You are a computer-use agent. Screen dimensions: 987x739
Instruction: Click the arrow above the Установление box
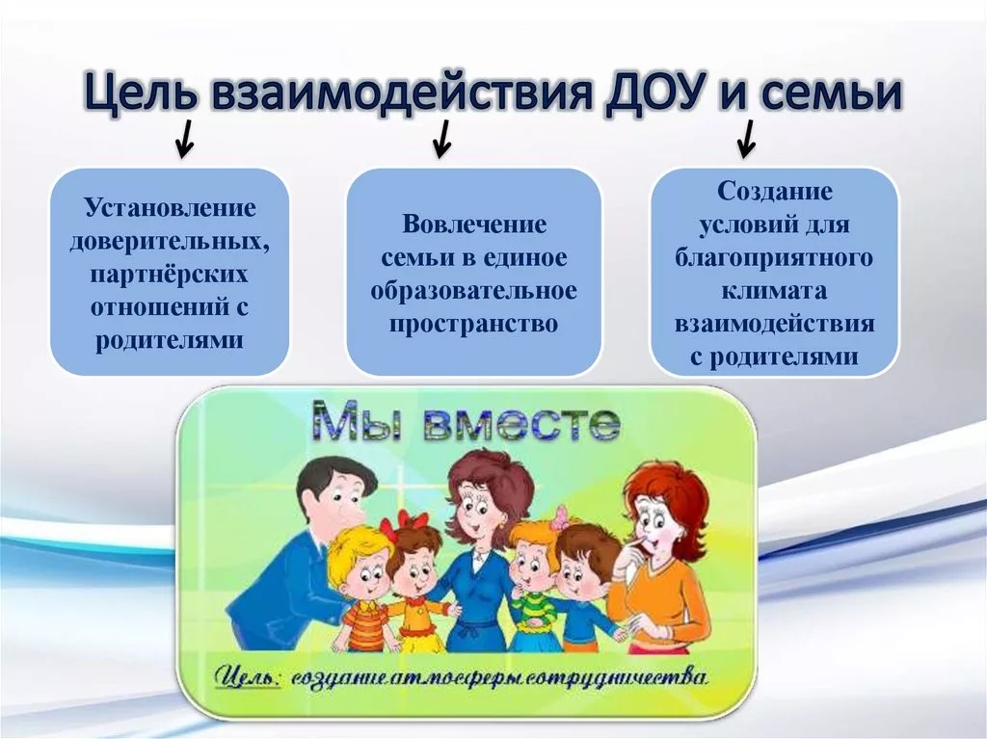click(x=185, y=139)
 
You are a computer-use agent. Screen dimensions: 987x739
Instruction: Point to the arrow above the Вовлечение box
click(x=441, y=139)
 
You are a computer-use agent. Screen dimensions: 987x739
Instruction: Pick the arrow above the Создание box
click(x=747, y=139)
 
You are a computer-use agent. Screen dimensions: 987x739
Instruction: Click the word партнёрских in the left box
click(x=170, y=276)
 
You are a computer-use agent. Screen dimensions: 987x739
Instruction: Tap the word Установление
click(x=170, y=208)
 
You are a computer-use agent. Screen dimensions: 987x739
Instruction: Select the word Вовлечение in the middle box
click(x=474, y=224)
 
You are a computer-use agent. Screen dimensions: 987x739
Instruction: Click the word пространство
click(x=474, y=324)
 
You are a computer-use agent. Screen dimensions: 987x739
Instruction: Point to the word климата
click(x=774, y=291)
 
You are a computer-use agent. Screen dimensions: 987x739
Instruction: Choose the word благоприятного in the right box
click(x=774, y=258)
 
